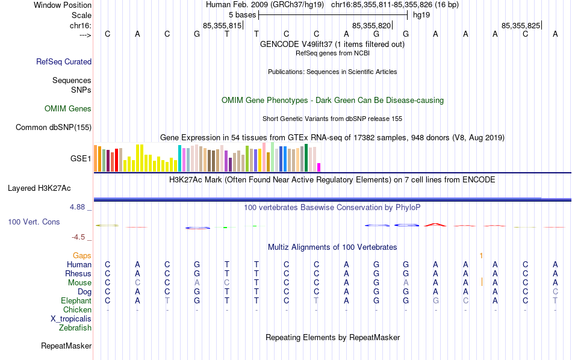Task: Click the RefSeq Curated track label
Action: [x=64, y=61]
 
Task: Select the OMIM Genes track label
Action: [x=68, y=109]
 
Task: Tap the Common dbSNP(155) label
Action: [x=54, y=127]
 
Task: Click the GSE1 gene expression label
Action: [x=81, y=159]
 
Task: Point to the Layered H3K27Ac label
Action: [x=39, y=188]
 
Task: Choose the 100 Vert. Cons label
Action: [x=34, y=222]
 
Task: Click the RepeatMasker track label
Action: [x=66, y=346]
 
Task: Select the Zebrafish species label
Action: [x=75, y=328]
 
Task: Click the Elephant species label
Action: [x=76, y=301]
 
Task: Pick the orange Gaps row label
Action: [x=82, y=256]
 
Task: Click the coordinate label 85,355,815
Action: [x=222, y=26]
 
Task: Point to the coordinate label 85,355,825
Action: [x=521, y=26]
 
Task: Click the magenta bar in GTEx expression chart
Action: [x=319, y=167]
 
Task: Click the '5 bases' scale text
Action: [x=242, y=14]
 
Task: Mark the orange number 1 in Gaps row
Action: [x=481, y=256]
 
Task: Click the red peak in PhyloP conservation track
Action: [x=434, y=224]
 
